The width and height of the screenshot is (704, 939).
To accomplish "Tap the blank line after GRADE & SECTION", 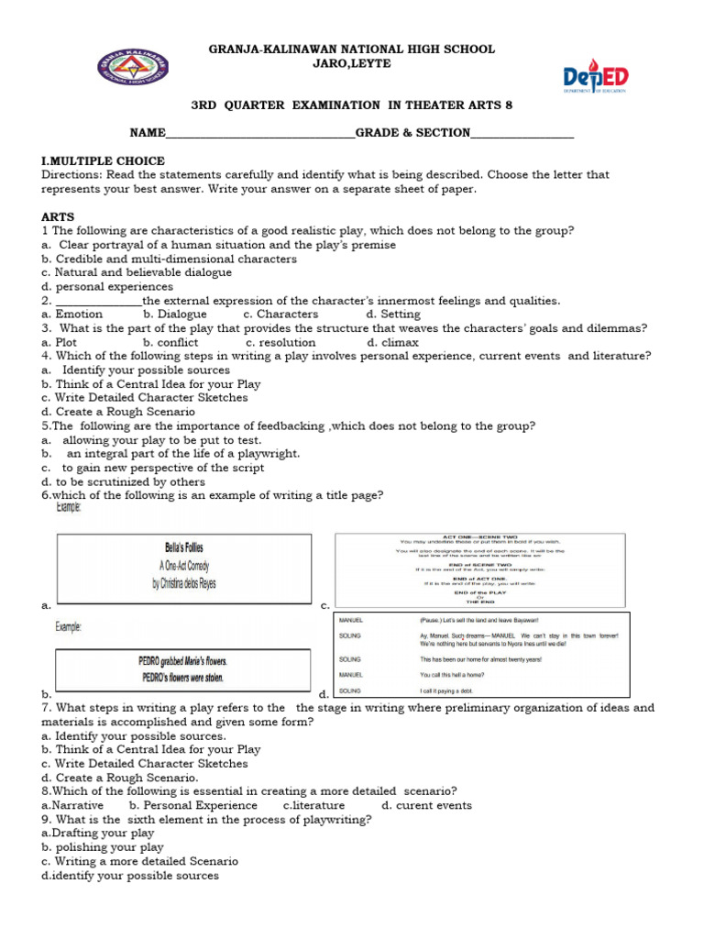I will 522,134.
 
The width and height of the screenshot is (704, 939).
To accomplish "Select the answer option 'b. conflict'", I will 170,342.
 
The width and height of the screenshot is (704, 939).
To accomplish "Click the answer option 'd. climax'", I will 392,342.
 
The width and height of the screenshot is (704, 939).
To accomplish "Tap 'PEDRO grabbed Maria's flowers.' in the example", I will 183,661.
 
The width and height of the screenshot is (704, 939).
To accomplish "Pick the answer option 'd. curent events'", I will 427,805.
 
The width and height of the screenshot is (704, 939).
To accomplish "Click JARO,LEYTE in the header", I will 352,63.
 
